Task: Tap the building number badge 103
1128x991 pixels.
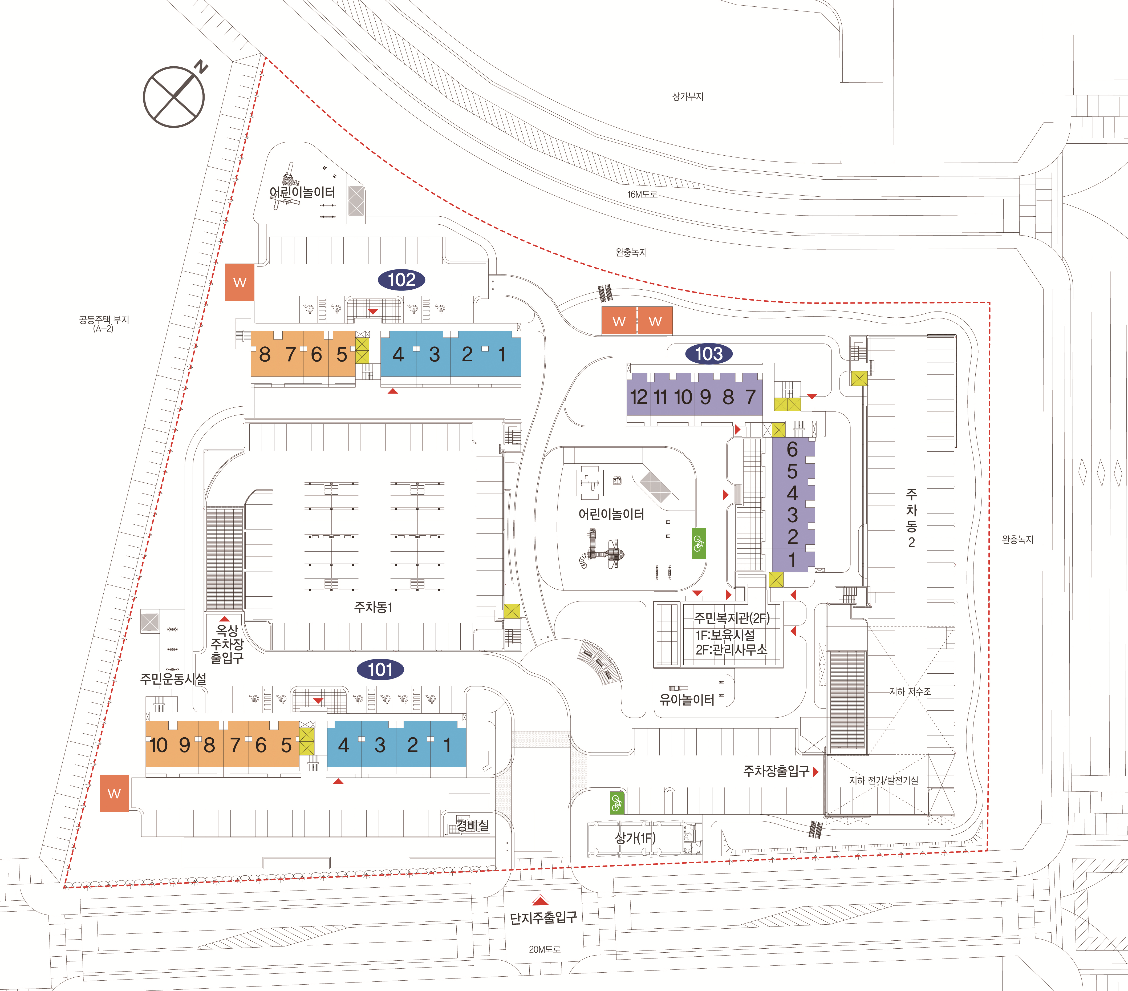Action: [709, 353]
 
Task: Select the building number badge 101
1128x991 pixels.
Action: [380, 670]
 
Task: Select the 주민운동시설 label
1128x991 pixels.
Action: [173, 678]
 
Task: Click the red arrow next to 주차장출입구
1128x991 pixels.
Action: [816, 771]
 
